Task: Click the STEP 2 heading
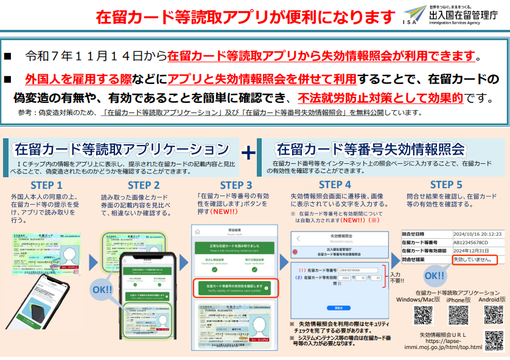(x=144, y=185)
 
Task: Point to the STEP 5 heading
(x=446, y=185)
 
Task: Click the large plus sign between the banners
(x=248, y=152)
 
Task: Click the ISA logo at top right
(x=414, y=15)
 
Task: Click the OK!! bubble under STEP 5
(x=435, y=275)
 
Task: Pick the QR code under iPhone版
(x=458, y=315)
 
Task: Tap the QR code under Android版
(x=494, y=315)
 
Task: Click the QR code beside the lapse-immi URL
(x=494, y=341)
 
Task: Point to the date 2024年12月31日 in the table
(x=470, y=250)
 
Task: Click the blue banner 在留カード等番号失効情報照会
(x=370, y=149)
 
